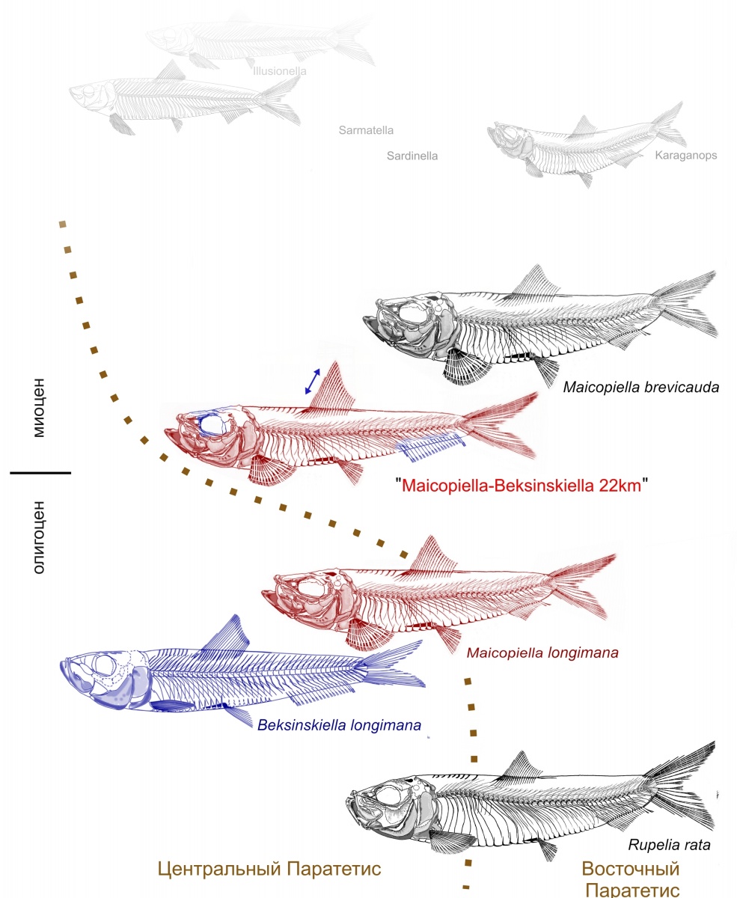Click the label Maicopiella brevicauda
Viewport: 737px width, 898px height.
pos(641,388)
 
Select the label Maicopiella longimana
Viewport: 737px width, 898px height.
pos(542,653)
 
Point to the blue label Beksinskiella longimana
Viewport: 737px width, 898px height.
pos(339,724)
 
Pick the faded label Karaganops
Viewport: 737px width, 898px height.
pos(685,156)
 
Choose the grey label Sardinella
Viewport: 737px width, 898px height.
pos(412,156)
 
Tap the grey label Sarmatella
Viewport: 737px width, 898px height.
pos(366,130)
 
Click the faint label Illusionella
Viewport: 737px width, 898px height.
pos(281,71)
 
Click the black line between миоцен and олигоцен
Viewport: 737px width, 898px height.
pos(40,473)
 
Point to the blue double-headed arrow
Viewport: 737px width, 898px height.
pos(313,381)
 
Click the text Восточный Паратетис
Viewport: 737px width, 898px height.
pos(631,879)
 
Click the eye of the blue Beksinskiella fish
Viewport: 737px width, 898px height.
pos(106,665)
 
